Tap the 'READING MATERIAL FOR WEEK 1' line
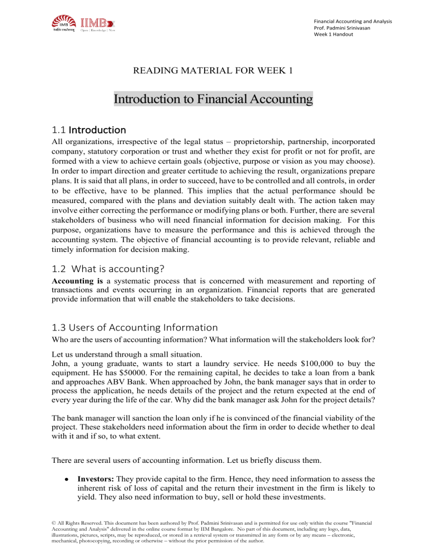(213, 71)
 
